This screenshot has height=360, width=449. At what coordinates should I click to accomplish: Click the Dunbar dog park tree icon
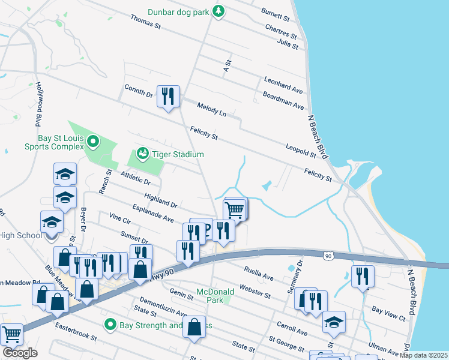[220, 10]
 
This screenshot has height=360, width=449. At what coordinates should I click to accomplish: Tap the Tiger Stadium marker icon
[142, 154]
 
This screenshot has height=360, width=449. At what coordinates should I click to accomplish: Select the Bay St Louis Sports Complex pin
[93, 142]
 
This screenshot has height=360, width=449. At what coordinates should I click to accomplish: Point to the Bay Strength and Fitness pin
[110, 325]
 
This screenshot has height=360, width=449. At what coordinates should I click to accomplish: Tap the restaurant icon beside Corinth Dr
[168, 96]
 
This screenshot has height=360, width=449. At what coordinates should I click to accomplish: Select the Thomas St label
[146, 22]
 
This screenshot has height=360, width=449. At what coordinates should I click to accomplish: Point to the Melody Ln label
[211, 109]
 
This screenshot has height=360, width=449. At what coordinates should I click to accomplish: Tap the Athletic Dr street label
[134, 177]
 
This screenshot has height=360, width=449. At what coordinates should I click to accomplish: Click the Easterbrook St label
[76, 331]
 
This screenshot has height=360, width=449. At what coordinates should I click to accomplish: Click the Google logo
[20, 353]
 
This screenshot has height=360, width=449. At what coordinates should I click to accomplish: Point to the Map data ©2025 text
[423, 355]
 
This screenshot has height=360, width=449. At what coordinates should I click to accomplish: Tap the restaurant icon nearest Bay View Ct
[363, 275]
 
